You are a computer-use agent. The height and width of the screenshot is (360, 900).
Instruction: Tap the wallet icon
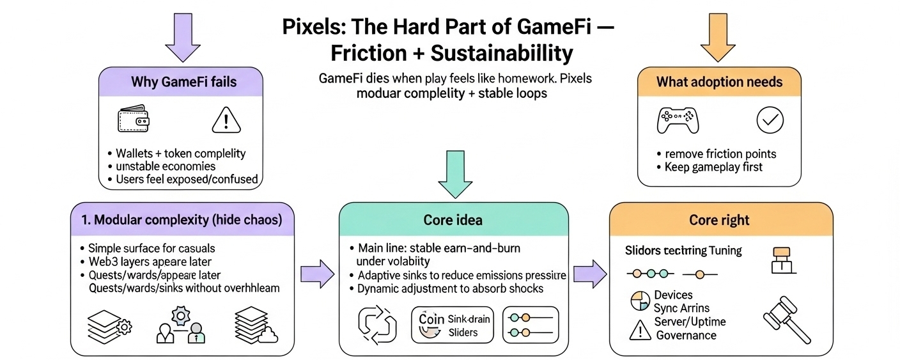(x=134, y=118)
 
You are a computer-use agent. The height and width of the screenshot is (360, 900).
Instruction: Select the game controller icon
(x=678, y=119)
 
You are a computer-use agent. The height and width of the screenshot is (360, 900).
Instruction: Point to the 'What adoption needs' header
(x=719, y=82)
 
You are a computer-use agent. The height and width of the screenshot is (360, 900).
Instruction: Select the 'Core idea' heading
(x=453, y=220)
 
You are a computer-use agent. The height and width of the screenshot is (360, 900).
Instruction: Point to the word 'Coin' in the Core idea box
(x=431, y=318)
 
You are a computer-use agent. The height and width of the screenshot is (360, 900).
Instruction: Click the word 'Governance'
(x=685, y=335)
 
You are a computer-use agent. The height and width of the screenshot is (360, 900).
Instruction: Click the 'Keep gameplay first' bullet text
(x=714, y=167)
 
